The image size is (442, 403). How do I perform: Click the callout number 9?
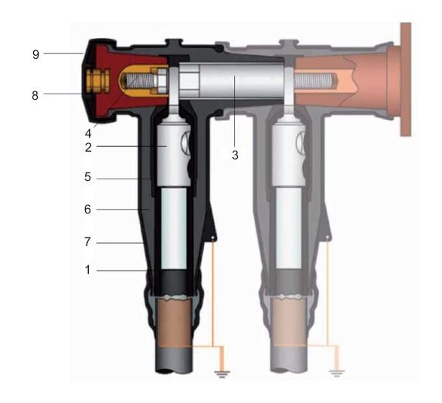point(36,54)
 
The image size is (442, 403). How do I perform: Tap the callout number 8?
point(35,95)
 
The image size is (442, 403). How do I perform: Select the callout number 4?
point(88,133)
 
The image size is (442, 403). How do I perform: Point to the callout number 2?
point(88,147)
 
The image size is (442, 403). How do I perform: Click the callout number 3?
point(235,155)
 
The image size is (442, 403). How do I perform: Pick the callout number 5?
point(87,177)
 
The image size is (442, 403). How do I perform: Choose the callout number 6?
point(87,209)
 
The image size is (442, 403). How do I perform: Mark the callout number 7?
point(87,242)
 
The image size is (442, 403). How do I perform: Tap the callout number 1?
point(88,270)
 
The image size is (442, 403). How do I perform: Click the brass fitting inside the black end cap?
point(98,80)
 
